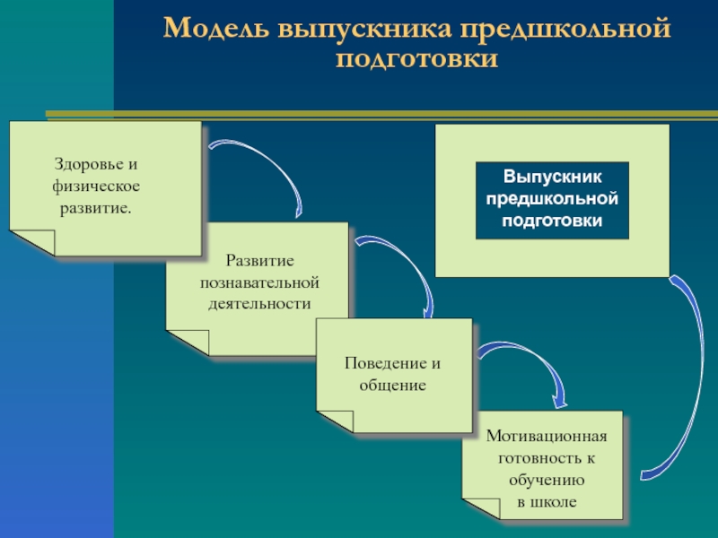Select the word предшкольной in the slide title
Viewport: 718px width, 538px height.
click(x=565, y=30)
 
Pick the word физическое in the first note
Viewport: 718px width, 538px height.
click(x=97, y=187)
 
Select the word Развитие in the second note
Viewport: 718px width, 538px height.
click(x=259, y=261)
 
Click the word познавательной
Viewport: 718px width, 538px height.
click(x=259, y=282)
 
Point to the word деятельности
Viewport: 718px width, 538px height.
click(x=259, y=303)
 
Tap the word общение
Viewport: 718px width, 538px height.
click(x=392, y=385)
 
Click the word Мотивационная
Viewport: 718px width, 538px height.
click(x=547, y=436)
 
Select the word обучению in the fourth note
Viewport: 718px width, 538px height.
click(x=547, y=480)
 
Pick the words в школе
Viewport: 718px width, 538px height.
click(x=547, y=501)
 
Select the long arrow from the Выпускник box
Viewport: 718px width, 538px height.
click(x=691, y=377)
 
